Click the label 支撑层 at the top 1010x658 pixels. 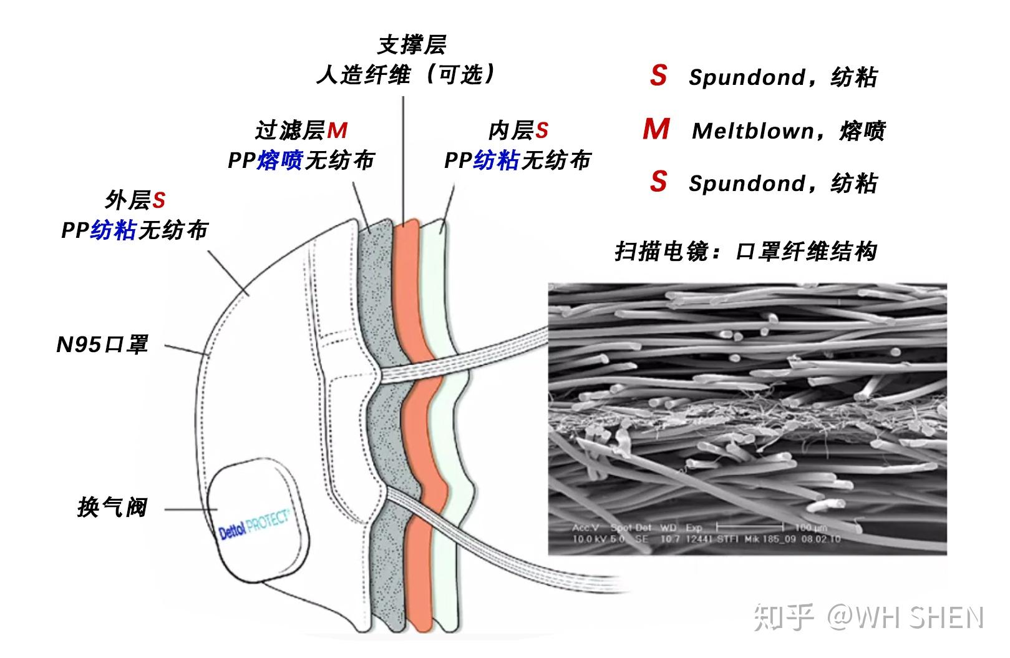coord(412,45)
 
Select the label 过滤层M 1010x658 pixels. coord(301,130)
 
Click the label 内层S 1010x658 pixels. coord(518,130)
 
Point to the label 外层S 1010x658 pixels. coord(135,200)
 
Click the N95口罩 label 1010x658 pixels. coord(102,345)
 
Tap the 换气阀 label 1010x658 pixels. coord(112,508)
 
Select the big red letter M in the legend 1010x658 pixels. coord(656,130)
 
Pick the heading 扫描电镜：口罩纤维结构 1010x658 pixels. coord(746,252)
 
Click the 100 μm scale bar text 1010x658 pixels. coord(810,528)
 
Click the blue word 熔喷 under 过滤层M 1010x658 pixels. coord(279,160)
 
